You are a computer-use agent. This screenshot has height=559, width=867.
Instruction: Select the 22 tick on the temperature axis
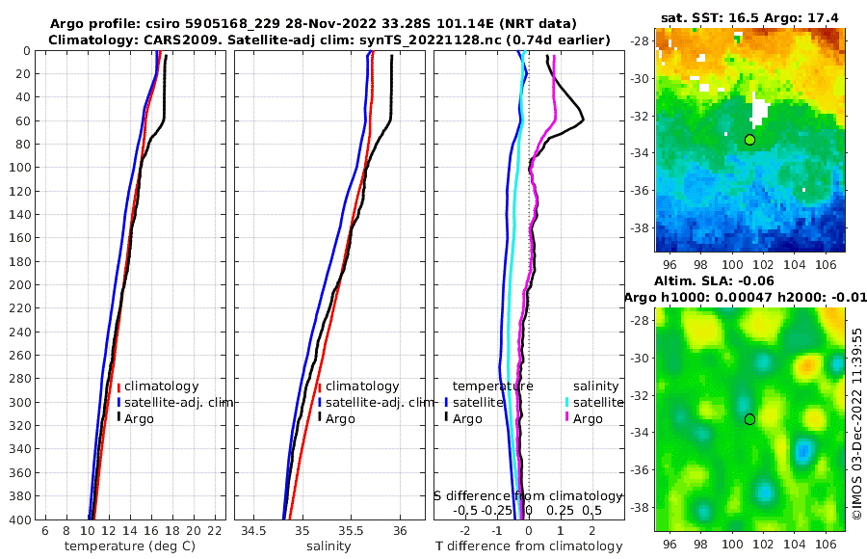[x=214, y=531]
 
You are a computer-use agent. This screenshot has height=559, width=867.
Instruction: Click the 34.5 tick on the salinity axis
[x=253, y=531]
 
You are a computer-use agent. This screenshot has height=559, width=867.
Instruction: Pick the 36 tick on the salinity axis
[x=401, y=531]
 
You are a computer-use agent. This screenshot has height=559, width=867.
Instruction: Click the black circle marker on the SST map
[x=749, y=140]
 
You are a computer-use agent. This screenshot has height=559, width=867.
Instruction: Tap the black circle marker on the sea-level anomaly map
[x=749, y=419]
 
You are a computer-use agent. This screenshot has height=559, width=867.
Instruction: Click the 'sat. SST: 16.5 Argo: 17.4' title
[x=749, y=18]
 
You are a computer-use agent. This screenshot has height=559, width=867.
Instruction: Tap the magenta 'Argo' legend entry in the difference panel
[x=587, y=418]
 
